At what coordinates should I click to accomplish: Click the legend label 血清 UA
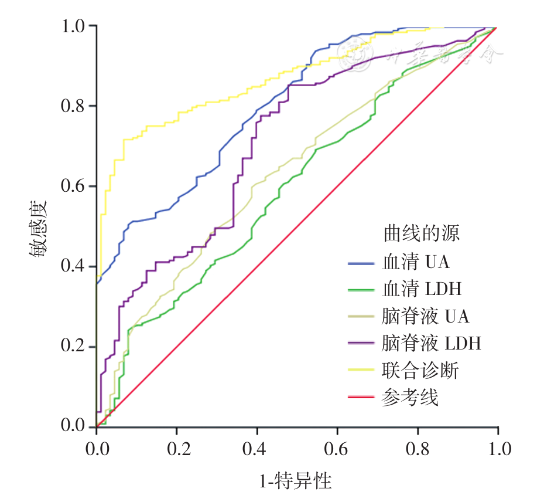coord(416,262)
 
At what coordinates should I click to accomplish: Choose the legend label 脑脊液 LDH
coord(431,343)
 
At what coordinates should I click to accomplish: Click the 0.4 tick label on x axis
coord(257,450)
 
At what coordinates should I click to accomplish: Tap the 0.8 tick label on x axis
coord(418,450)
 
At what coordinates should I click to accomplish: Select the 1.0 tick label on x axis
coord(498,450)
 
